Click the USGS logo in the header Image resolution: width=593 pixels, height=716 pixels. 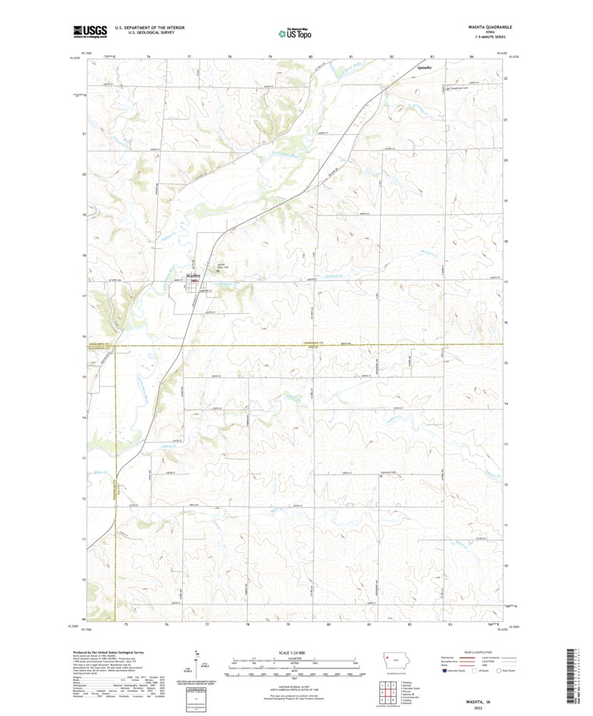[89, 31]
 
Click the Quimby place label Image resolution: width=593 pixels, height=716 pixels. [426, 69]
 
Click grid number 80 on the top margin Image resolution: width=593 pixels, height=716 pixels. [311, 56]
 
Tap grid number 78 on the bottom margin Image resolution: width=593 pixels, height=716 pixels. [247, 624]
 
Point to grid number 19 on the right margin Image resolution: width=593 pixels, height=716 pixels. [505, 202]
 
